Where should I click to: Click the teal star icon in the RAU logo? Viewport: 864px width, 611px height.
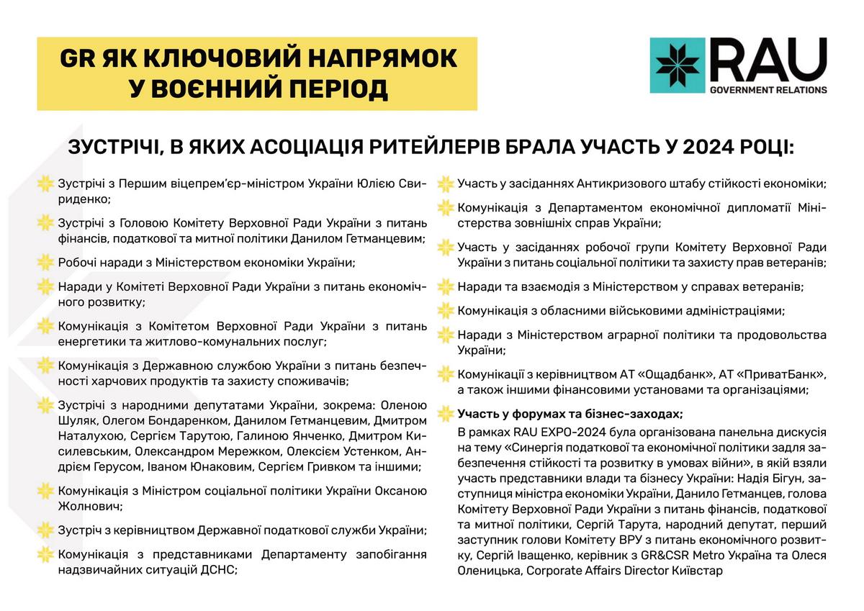pyautogui.click(x=675, y=65)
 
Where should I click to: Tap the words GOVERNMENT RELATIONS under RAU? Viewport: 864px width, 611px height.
pyautogui.click(x=768, y=91)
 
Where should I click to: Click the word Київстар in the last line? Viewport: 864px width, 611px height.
pyautogui.click(x=698, y=571)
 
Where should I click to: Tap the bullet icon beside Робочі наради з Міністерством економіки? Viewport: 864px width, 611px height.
pyautogui.click(x=45, y=262)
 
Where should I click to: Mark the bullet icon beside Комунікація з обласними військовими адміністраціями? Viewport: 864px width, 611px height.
pyautogui.click(x=446, y=312)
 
